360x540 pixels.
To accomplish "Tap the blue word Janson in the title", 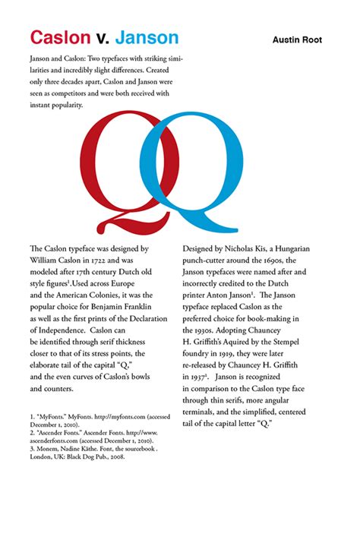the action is pyautogui.click(x=147, y=37).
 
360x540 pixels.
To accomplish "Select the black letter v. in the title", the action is pyautogui.click(x=103, y=38).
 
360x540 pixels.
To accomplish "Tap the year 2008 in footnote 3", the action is pyautogui.click(x=112, y=456).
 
